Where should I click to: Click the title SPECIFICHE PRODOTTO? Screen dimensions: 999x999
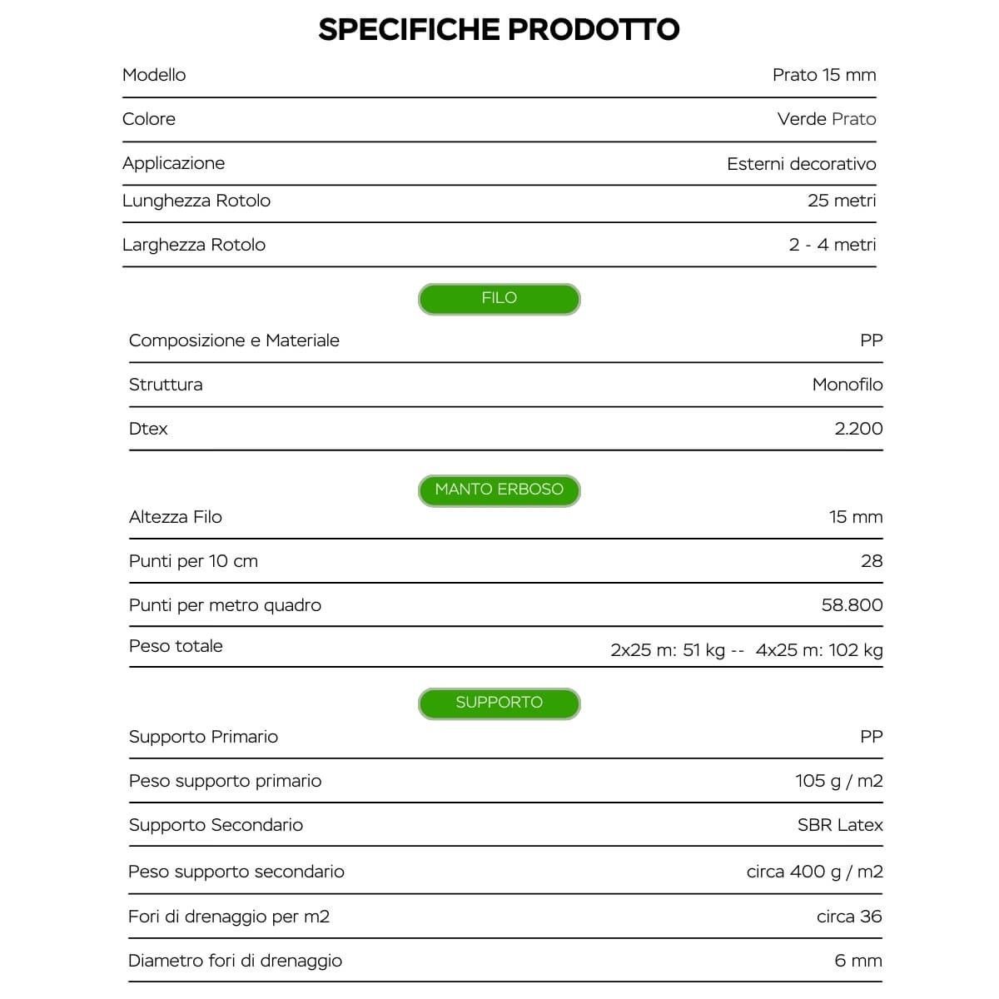click(499, 30)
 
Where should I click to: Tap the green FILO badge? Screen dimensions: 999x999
click(499, 299)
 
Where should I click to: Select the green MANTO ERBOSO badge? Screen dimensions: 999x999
click(499, 490)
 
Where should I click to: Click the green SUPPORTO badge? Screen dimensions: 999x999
click(499, 703)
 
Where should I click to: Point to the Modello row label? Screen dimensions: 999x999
click(154, 75)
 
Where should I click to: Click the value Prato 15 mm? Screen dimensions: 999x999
click(824, 75)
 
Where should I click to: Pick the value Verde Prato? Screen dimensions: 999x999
click(827, 119)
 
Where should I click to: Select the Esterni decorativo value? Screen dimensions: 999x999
click(801, 164)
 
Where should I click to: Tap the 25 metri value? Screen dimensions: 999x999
click(842, 201)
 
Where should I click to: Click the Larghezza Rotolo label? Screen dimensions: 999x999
click(194, 245)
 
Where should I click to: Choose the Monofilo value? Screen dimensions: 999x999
click(847, 385)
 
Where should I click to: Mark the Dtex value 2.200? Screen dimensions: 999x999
click(858, 429)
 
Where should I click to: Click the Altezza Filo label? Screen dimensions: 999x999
click(176, 517)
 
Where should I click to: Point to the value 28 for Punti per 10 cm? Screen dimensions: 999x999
click(872, 561)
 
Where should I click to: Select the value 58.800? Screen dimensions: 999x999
click(852, 605)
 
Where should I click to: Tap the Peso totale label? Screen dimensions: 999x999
click(176, 646)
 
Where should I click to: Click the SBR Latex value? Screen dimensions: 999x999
click(840, 825)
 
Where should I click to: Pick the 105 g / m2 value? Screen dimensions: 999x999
click(838, 781)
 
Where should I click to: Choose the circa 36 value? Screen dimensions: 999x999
click(849, 917)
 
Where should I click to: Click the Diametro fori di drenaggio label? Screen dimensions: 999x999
click(236, 961)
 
